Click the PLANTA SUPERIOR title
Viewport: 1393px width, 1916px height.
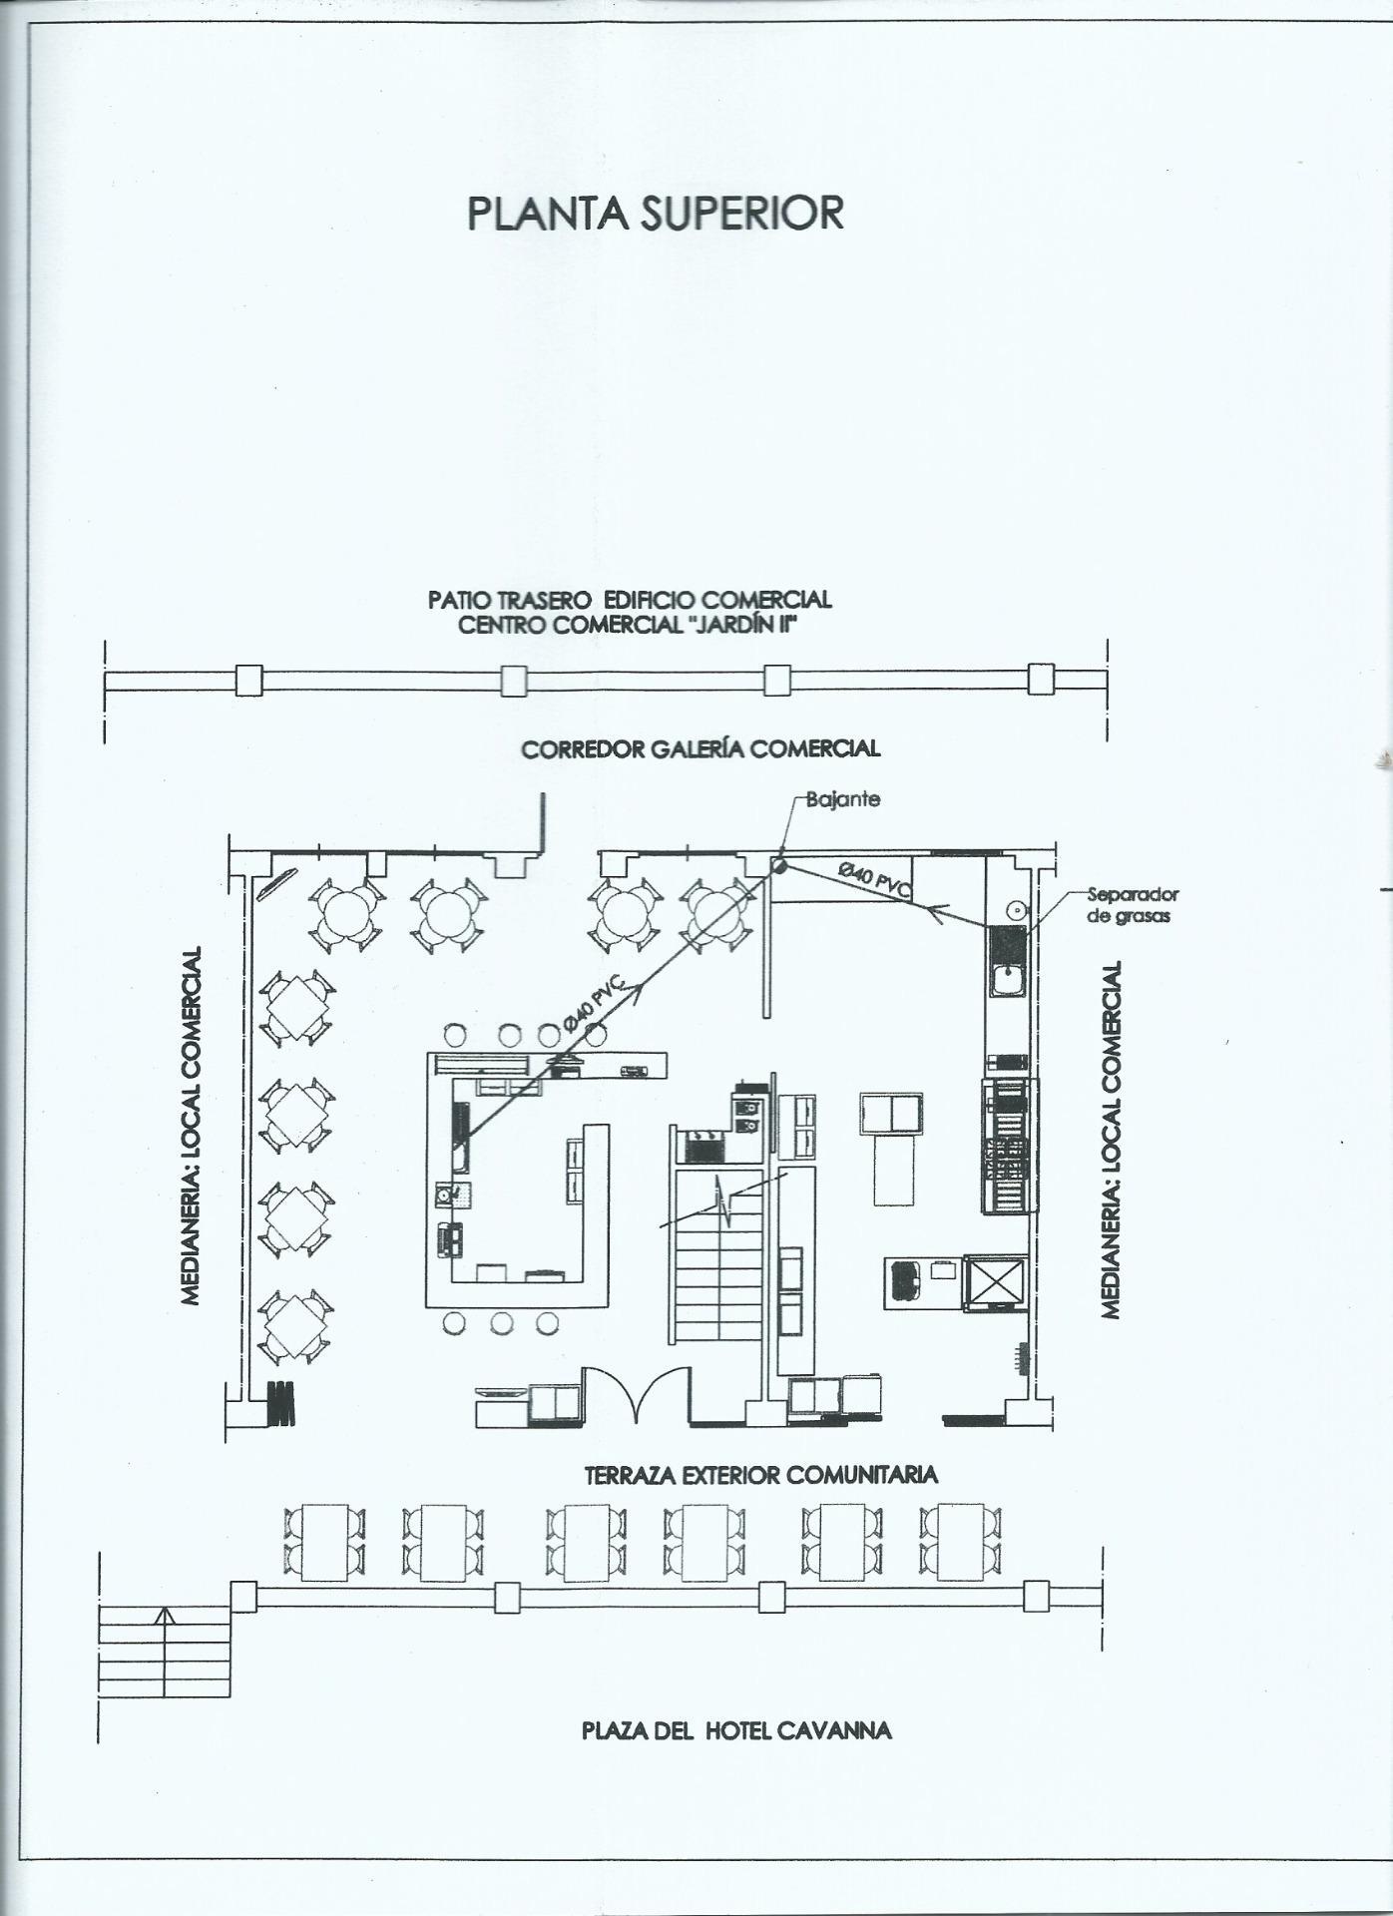pyautogui.click(x=656, y=214)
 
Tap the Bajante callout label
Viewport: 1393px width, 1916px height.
pyautogui.click(x=843, y=799)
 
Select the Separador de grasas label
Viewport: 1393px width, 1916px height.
pyautogui.click(x=1133, y=904)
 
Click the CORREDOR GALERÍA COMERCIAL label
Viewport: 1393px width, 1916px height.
pyautogui.click(x=700, y=748)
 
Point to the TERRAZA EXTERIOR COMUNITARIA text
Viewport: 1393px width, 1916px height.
pyautogui.click(x=760, y=1474)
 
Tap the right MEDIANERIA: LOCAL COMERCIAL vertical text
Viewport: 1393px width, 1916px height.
pyautogui.click(x=1110, y=1138)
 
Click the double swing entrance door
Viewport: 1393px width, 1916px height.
pyautogui.click(x=634, y=1396)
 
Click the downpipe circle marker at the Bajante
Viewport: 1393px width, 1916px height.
pyautogui.click(x=778, y=865)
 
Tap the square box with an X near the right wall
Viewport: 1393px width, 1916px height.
pyautogui.click(x=995, y=1282)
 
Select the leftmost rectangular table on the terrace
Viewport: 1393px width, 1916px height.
pyautogui.click(x=325, y=1542)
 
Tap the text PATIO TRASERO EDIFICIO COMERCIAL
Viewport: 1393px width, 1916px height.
pyautogui.click(x=629, y=600)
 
